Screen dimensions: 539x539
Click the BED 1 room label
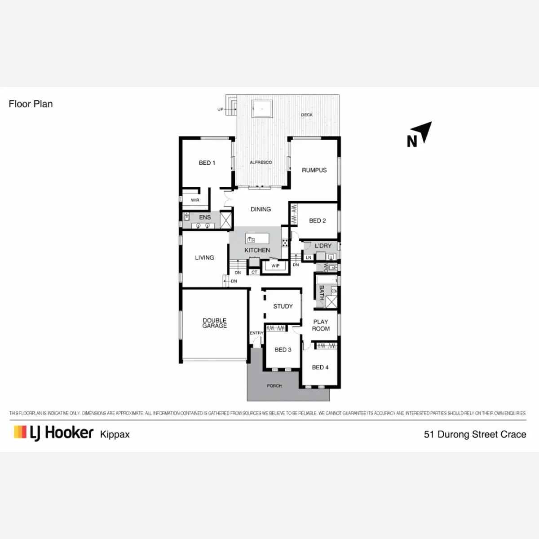click(207, 163)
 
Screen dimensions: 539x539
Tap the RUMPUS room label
click(314, 170)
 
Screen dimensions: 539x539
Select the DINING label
click(261, 209)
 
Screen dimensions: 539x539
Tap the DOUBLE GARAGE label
click(214, 323)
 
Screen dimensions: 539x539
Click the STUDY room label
click(283, 306)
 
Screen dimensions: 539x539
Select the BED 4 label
click(320, 367)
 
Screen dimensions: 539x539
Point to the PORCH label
click(274, 386)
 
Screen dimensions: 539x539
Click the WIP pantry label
click(275, 266)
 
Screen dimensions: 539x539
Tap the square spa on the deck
click(262, 108)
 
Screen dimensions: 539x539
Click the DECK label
click(307, 115)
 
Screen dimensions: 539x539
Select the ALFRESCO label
click(261, 162)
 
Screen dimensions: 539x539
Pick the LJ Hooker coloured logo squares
click(20, 432)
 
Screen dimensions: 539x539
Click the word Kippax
click(115, 434)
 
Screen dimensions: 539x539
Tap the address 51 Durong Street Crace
click(475, 434)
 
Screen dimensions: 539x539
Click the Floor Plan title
click(31, 104)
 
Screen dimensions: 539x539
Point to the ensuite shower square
click(226, 221)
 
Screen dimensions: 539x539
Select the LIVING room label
click(204, 258)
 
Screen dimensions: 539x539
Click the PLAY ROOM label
click(321, 325)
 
